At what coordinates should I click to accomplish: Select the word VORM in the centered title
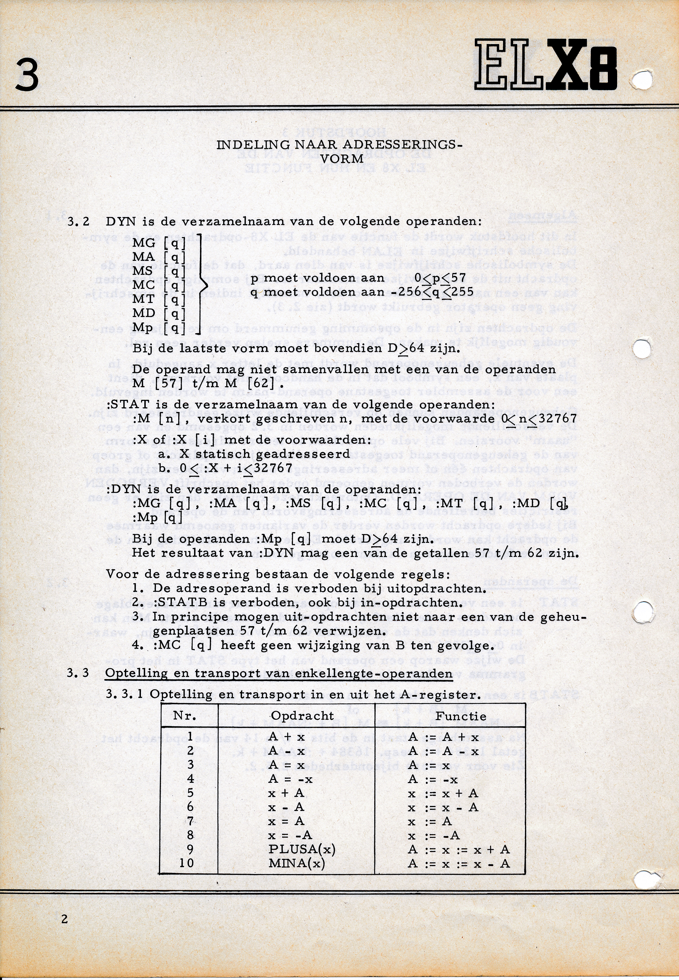tap(342, 159)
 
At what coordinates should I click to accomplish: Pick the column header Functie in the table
tap(460, 716)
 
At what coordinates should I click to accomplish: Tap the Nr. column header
tap(185, 715)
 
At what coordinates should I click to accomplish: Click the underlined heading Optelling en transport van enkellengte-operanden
tap(279, 673)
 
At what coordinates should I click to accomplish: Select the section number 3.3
tap(78, 673)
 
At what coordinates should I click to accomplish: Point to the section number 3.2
tap(78, 222)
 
